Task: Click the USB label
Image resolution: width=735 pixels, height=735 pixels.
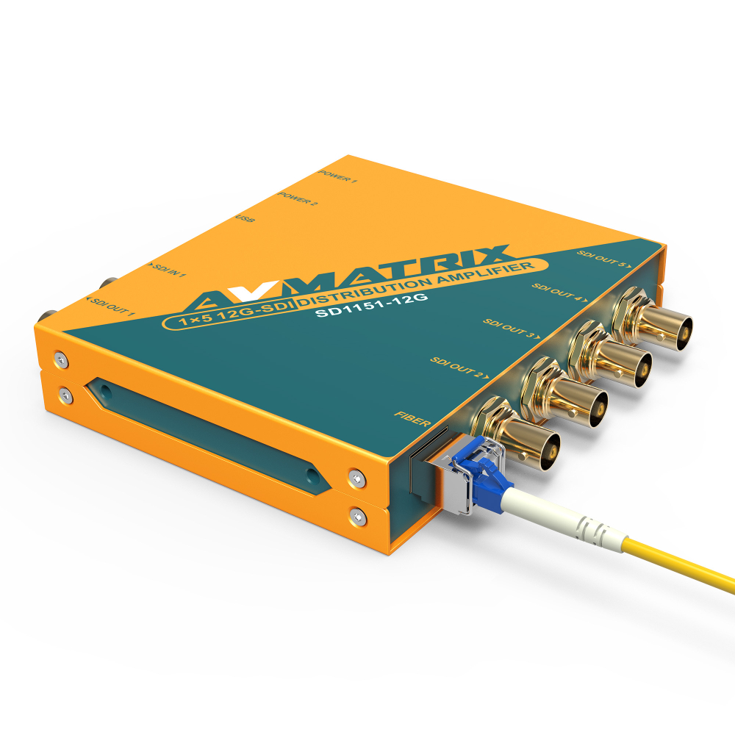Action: point(245,219)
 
